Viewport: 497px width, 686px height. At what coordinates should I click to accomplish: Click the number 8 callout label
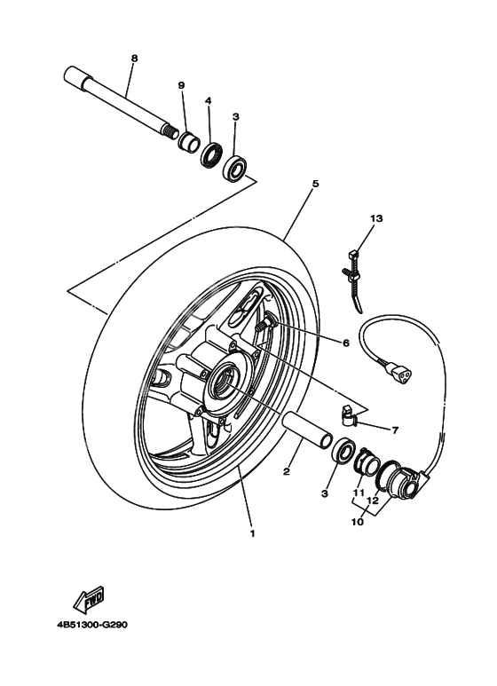coord(134,59)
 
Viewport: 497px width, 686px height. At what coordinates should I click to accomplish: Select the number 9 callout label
coord(181,85)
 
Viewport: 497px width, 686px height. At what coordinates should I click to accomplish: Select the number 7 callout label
coord(395,430)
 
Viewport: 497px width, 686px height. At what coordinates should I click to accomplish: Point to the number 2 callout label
coord(287,471)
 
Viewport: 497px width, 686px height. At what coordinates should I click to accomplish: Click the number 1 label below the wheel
coord(252,534)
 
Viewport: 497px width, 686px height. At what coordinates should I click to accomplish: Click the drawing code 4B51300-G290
coord(93,624)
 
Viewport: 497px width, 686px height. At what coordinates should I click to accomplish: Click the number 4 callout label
coord(208,101)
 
